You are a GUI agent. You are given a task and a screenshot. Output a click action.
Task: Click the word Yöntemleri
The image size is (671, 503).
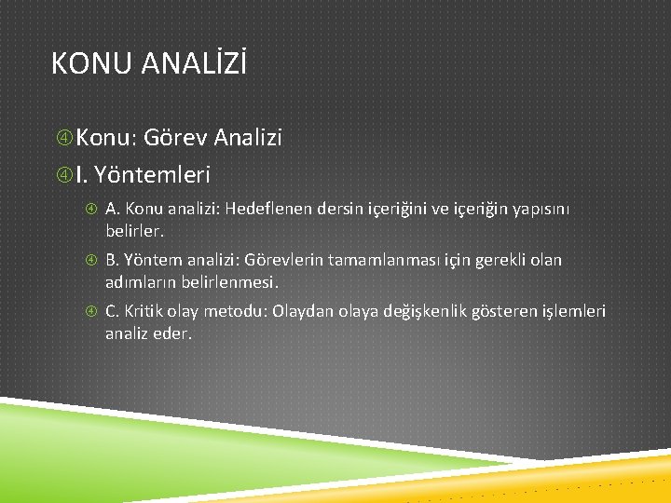tap(153, 173)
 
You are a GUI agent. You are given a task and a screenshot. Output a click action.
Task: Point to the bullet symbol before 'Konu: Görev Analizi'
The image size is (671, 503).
tap(63, 139)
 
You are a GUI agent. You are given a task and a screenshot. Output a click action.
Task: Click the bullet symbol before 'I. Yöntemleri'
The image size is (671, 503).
tap(63, 174)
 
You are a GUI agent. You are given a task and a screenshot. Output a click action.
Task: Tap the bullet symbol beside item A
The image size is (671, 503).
tap(91, 210)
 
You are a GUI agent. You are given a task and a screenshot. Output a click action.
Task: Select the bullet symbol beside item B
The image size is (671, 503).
tap(91, 261)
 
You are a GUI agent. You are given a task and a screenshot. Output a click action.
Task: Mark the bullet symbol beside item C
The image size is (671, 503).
tap(91, 312)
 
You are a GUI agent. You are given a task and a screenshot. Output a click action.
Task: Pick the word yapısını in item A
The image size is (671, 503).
tap(540, 209)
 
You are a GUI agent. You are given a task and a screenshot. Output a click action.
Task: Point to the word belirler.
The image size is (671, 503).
tap(134, 228)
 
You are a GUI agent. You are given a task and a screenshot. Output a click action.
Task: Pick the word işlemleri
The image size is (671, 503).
tap(574, 311)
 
